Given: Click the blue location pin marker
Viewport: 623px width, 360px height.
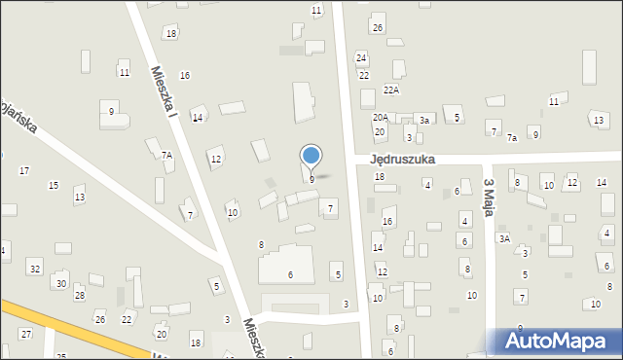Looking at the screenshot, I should coord(311,156).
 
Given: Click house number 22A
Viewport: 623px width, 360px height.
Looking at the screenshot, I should coord(391,90).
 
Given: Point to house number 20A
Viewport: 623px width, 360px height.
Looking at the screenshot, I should coord(381,117).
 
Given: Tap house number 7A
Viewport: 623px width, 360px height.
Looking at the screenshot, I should coord(166,155).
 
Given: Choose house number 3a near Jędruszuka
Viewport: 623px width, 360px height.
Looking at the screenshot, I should coord(424,120).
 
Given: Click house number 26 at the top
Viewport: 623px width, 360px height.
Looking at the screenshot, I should coord(378,27).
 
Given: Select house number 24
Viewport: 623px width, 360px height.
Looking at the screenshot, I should coord(361,58).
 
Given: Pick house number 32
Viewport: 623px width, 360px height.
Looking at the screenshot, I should coord(35,268).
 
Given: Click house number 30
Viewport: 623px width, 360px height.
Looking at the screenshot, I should coord(60,283).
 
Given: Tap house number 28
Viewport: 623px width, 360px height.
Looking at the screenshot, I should coord(80,295).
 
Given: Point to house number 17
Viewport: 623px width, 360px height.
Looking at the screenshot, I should coord(24,170).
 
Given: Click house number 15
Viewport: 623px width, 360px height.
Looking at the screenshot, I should coord(54,185).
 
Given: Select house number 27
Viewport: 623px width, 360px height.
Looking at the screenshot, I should coord(25,334).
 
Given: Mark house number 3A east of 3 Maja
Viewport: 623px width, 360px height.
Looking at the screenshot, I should coord(504,237).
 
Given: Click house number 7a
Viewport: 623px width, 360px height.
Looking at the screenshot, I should coord(512,138).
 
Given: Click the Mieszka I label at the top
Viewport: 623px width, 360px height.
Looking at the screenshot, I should coord(163,93).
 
